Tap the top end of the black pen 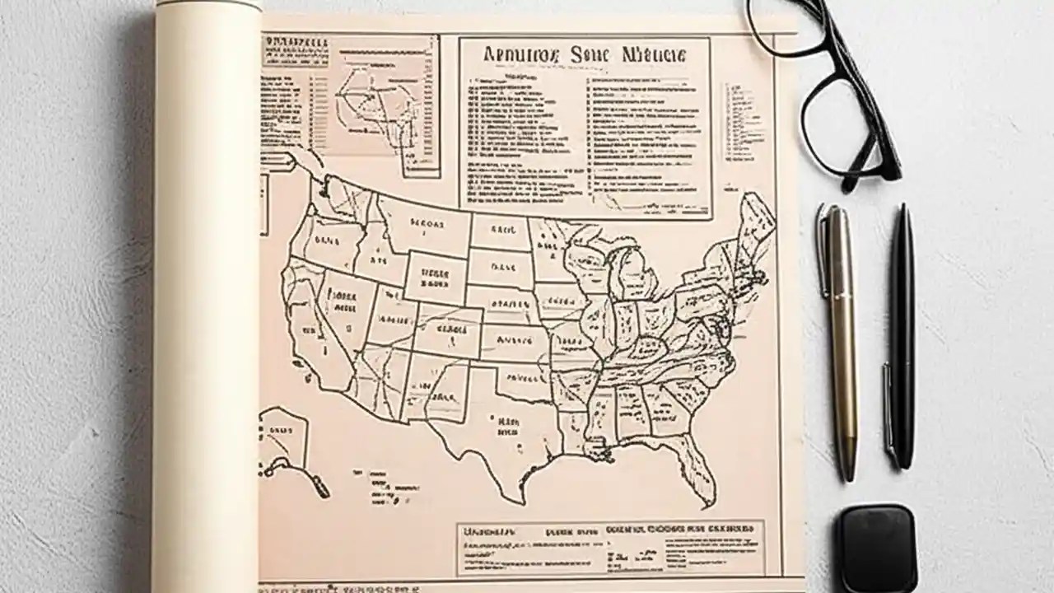pos(904,210)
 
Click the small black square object pos(878,547)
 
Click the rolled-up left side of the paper pos(206,296)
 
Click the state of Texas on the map pos(494,428)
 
